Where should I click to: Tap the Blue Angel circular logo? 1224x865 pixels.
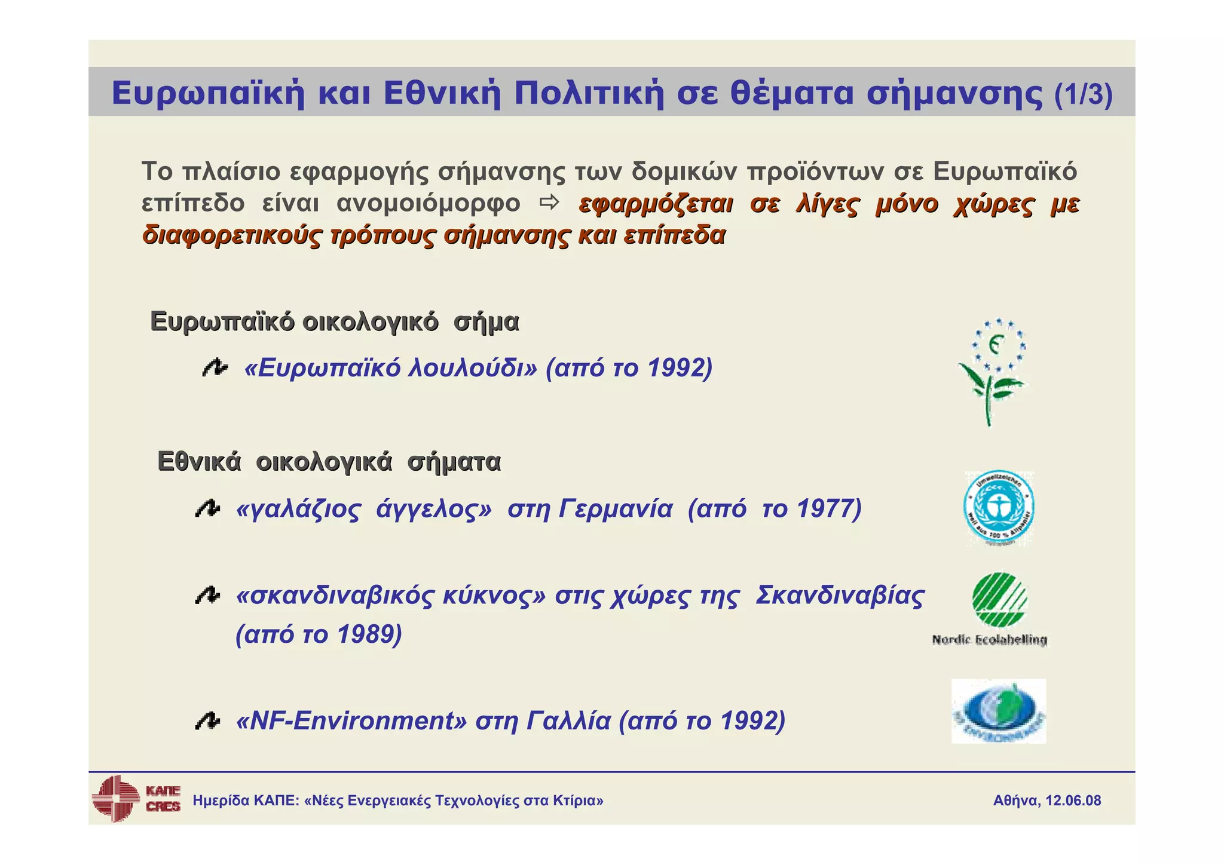(999, 507)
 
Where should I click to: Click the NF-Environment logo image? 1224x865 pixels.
(998, 711)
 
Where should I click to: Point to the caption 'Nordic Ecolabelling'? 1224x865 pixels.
(989, 640)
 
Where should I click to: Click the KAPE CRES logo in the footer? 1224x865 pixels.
(136, 799)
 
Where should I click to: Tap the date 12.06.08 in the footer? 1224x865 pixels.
(1073, 800)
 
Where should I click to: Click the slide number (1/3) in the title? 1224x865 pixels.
(1083, 94)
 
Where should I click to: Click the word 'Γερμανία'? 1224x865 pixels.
(616, 510)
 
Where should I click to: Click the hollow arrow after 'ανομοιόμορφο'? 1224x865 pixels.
(549, 203)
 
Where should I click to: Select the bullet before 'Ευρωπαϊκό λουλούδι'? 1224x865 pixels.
(214, 368)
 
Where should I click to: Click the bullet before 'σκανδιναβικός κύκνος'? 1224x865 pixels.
(207, 596)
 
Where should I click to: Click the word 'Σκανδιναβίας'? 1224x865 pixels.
(840, 596)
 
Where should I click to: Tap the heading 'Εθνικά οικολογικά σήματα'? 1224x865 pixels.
(329, 462)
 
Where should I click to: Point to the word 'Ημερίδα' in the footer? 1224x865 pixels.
(221, 800)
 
